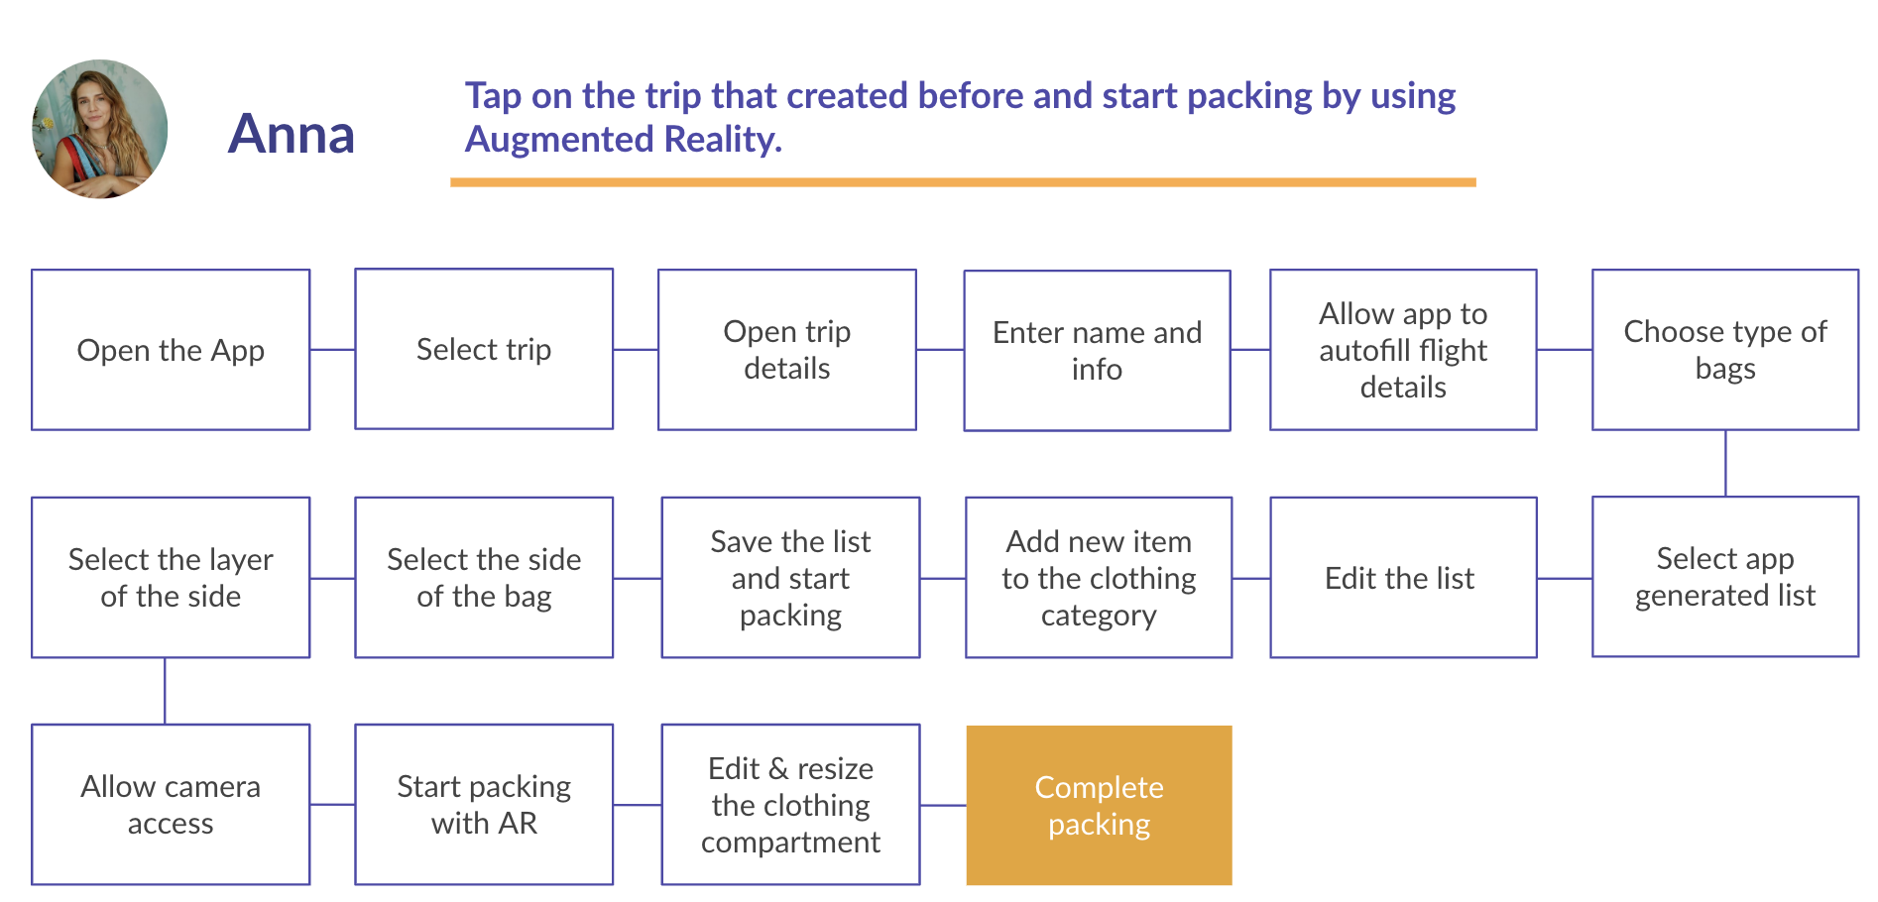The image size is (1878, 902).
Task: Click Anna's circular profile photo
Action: pos(100,129)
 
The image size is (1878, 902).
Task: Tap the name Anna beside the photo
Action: pos(292,134)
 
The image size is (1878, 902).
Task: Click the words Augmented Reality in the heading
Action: pos(624,140)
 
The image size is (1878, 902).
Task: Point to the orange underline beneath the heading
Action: pos(962,182)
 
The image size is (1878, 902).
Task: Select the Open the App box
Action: pos(171,350)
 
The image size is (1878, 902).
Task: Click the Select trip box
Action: pos(484,349)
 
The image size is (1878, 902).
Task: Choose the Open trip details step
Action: pos(786,350)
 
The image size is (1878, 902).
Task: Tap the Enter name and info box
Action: pos(1097,351)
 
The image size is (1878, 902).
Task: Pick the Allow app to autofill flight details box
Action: pos(1403,350)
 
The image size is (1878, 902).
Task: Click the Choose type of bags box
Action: pos(1725,350)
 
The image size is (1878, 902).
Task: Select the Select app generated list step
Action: pos(1725,577)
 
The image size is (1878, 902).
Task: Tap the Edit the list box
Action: pos(1403,578)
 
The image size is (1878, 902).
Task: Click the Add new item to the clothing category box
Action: pos(1099,578)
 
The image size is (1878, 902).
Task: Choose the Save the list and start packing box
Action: pos(790,578)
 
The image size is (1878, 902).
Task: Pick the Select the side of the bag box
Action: pos(484,578)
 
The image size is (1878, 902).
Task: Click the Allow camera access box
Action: pos(171,805)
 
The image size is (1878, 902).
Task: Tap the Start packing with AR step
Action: pos(484,805)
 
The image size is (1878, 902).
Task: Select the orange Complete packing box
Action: pos(1099,805)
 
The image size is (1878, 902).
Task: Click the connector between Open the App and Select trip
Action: pos(332,350)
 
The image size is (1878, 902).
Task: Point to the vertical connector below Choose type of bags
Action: pos(1725,463)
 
